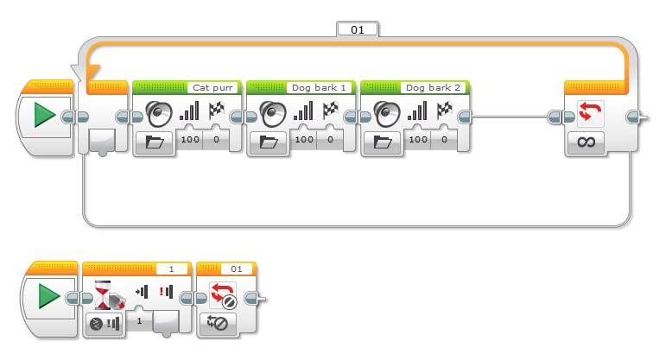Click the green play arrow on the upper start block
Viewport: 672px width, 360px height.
[x=46, y=117]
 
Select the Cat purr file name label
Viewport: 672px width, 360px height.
[x=212, y=88]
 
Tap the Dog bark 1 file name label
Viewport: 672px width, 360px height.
[x=326, y=88]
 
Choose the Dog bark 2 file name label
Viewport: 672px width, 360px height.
[x=440, y=88]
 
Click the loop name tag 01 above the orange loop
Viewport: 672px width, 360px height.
[x=357, y=29]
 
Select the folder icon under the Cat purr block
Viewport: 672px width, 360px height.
[x=155, y=142]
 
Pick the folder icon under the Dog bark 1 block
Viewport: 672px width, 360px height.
[x=269, y=142]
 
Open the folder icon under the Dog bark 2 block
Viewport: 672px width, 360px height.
[x=383, y=142]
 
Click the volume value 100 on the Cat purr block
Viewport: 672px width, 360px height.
[x=189, y=139]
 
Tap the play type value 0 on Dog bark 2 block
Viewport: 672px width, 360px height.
[x=444, y=139]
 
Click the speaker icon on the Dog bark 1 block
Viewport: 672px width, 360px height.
[x=273, y=113]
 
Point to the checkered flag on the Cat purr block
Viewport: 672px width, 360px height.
[x=217, y=111]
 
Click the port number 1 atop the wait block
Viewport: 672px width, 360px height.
[x=171, y=268]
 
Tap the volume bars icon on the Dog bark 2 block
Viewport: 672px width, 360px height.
[x=417, y=111]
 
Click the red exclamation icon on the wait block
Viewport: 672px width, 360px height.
[x=166, y=291]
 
